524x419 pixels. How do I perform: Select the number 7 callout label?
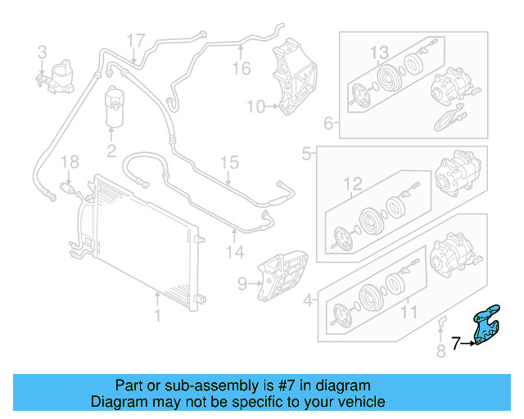click(457, 343)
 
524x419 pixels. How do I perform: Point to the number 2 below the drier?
click(111, 150)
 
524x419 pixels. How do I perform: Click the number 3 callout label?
click(43, 53)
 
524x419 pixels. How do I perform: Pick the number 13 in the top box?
click(379, 53)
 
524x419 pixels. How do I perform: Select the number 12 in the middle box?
click(352, 183)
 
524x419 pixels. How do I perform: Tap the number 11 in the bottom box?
click(408, 312)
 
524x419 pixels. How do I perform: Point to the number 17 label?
click(135, 38)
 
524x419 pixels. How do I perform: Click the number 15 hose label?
click(228, 161)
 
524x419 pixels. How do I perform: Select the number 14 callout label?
click(235, 253)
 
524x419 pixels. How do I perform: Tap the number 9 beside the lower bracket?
click(242, 284)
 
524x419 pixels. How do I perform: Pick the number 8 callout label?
click(440, 353)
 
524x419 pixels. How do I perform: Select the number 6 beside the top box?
click(329, 124)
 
